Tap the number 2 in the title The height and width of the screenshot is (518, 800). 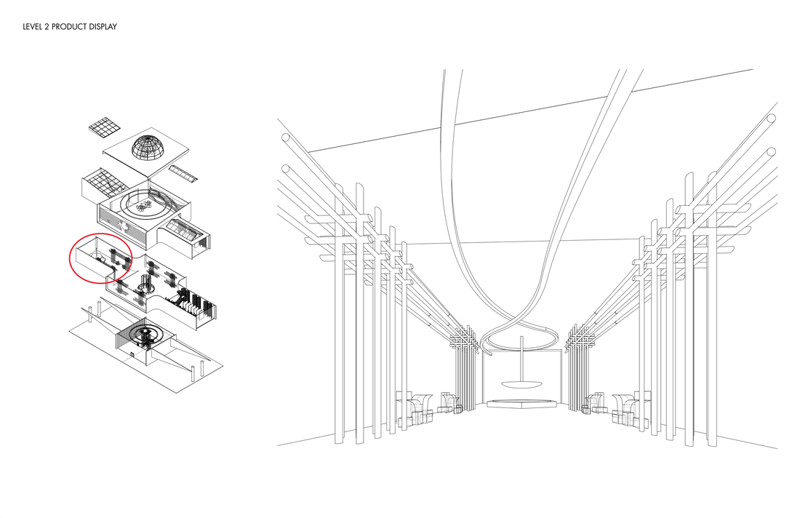coord(50,27)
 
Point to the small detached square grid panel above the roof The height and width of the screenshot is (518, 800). coord(105,127)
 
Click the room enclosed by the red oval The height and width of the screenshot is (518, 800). coord(96,256)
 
